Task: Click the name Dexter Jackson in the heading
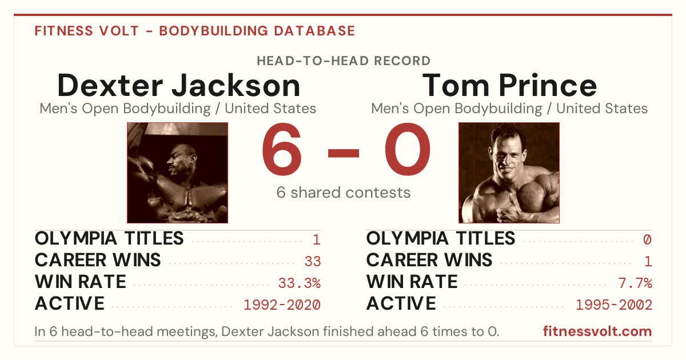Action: pyautogui.click(x=178, y=86)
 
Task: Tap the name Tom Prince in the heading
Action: pyautogui.click(x=509, y=86)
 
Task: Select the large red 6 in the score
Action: pyautogui.click(x=282, y=149)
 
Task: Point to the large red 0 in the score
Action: pyautogui.click(x=408, y=149)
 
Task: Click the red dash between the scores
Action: pyautogui.click(x=344, y=153)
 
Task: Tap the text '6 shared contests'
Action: pyautogui.click(x=344, y=193)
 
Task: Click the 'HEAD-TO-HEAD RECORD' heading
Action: pyautogui.click(x=344, y=61)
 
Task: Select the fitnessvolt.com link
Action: pyautogui.click(x=597, y=331)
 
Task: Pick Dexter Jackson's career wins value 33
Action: pyautogui.click(x=313, y=261)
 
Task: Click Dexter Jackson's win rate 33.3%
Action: pyautogui.click(x=300, y=283)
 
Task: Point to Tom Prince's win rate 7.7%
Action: pyautogui.click(x=635, y=283)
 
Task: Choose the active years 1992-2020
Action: pyautogui.click(x=282, y=305)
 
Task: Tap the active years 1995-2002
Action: pyautogui.click(x=614, y=305)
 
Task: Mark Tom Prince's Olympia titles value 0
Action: pyautogui.click(x=647, y=239)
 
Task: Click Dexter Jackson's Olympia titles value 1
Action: pyautogui.click(x=317, y=239)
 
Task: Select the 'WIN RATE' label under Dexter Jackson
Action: pyautogui.click(x=81, y=282)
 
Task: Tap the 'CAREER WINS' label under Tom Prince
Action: pyautogui.click(x=429, y=260)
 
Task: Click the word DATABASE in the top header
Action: pyautogui.click(x=314, y=31)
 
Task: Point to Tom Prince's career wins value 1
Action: pyautogui.click(x=648, y=261)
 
